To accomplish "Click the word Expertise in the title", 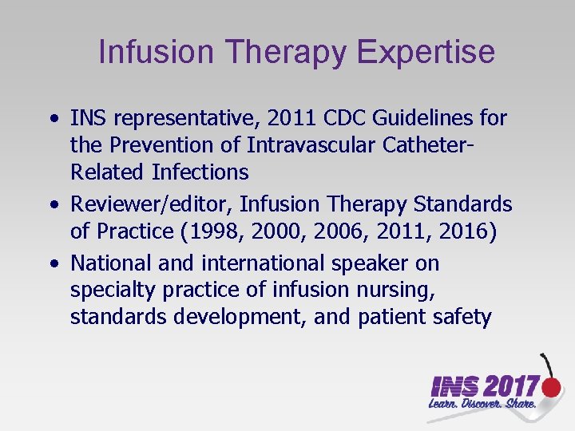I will [x=426, y=53].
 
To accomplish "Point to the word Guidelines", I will [x=414, y=119].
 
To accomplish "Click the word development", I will [x=240, y=317].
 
